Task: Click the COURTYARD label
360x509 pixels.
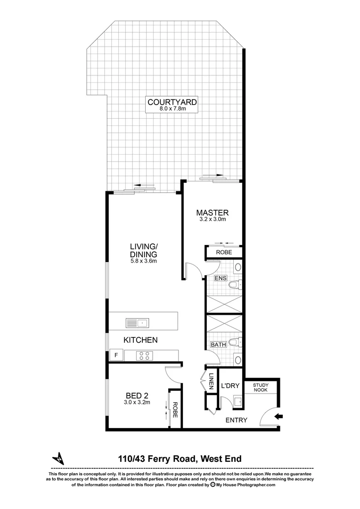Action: click(172, 102)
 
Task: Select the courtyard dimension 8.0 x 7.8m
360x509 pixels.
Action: click(172, 109)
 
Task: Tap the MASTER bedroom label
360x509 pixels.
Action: click(213, 212)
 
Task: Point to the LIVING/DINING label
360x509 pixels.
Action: click(143, 250)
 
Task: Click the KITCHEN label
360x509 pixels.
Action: click(140, 340)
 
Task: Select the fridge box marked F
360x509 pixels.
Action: click(115, 355)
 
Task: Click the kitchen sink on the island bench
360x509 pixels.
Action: click(137, 323)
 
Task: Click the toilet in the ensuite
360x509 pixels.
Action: click(235, 284)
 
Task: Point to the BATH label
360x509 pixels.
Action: click(218, 345)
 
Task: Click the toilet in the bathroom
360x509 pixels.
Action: click(235, 343)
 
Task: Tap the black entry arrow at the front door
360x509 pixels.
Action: click(278, 416)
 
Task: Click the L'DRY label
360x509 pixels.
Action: click(230, 386)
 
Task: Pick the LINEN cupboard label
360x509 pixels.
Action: click(212, 381)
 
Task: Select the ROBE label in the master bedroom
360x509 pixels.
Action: click(223, 253)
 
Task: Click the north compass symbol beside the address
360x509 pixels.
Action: click(58, 458)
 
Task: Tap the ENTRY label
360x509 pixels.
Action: click(236, 420)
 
